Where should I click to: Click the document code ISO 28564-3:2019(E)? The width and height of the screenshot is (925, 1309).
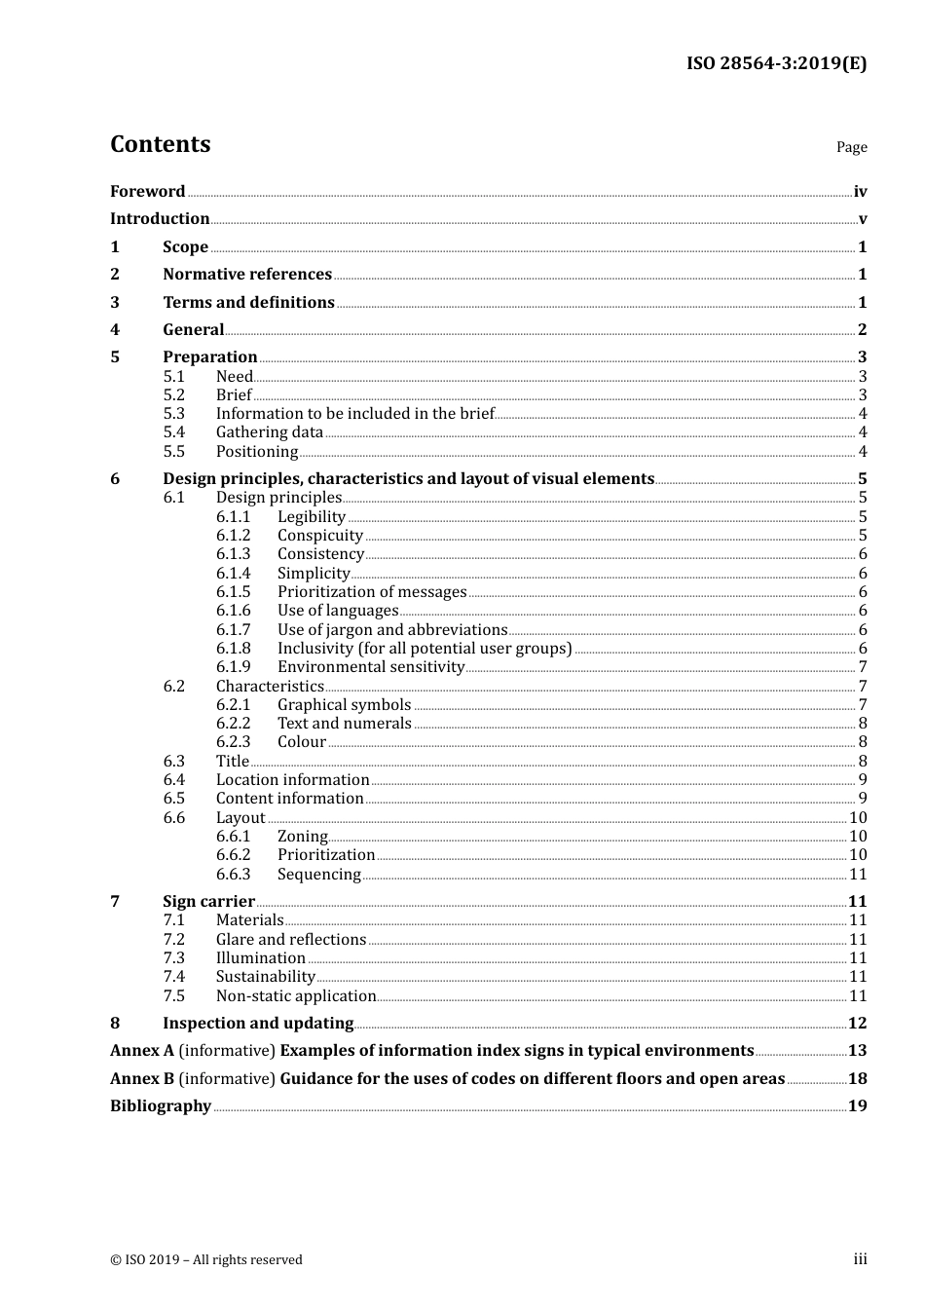(x=776, y=63)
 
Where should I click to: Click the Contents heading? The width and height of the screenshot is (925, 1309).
(x=160, y=144)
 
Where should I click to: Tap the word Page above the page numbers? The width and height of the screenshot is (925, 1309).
(x=851, y=147)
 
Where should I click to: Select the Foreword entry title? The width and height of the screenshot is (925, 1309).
(x=147, y=191)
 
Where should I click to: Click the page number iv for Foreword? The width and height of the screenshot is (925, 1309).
(x=860, y=192)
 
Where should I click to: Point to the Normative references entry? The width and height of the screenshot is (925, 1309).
(x=247, y=275)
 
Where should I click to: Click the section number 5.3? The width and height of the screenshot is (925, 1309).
(x=173, y=413)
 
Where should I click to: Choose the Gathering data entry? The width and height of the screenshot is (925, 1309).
(x=269, y=432)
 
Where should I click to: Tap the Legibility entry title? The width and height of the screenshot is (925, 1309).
(x=311, y=516)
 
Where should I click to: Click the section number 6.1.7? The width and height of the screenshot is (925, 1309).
(x=233, y=629)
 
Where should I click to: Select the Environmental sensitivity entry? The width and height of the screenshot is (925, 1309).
(x=371, y=667)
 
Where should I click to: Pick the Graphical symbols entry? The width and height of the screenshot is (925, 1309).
(x=344, y=704)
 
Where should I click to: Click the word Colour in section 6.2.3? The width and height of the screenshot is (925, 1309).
(x=301, y=742)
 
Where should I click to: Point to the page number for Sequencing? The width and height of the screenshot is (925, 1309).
(x=858, y=875)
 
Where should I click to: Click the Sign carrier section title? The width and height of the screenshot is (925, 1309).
(x=208, y=902)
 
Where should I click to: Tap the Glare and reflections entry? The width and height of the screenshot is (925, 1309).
(x=290, y=939)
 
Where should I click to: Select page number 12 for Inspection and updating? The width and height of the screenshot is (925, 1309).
(x=857, y=1023)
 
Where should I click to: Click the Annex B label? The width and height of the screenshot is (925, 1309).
(x=142, y=1078)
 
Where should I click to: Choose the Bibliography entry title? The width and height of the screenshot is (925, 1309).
(x=161, y=1105)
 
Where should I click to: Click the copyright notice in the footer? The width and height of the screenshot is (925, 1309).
(x=206, y=1259)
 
